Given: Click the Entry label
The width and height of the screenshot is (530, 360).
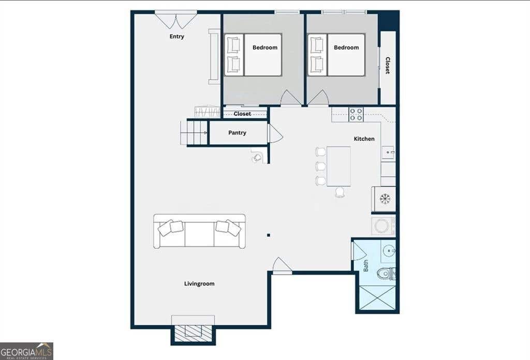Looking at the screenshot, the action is click(x=177, y=37).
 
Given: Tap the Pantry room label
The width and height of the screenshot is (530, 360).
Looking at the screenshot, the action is click(x=237, y=133).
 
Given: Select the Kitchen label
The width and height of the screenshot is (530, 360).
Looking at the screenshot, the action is click(x=364, y=139).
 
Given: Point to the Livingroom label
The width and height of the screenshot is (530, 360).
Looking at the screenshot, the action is click(x=199, y=283).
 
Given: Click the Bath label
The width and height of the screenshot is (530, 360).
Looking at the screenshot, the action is click(x=366, y=266).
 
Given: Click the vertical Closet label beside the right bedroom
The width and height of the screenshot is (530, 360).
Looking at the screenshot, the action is click(x=388, y=65).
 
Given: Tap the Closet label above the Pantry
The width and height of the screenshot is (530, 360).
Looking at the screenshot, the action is click(x=242, y=114).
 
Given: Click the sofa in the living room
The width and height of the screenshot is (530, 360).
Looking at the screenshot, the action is click(x=199, y=231).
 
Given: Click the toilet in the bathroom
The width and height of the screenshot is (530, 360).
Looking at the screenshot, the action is click(x=387, y=273).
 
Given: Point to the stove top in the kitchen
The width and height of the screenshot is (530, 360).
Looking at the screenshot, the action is click(x=356, y=114).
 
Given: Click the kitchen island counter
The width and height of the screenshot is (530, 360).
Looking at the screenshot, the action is click(x=338, y=166).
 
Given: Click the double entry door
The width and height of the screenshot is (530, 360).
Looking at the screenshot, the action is click(x=176, y=20).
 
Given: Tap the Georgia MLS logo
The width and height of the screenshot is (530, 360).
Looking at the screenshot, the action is click(x=26, y=351).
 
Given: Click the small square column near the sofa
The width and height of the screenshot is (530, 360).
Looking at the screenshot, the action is click(x=269, y=235).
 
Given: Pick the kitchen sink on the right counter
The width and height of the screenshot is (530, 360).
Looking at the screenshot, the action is click(x=388, y=153).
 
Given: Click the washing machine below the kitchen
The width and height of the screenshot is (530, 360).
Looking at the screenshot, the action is click(x=384, y=226).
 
